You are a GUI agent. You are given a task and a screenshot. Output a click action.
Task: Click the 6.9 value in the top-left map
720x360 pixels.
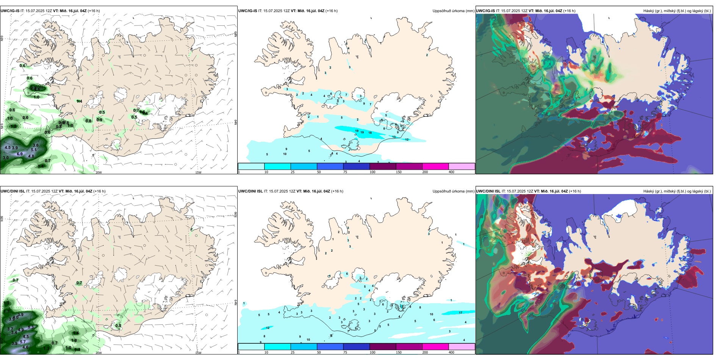pyautogui.click(x=20, y=154)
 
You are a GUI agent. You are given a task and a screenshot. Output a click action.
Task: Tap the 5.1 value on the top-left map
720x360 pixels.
pyautogui.click(x=34, y=150)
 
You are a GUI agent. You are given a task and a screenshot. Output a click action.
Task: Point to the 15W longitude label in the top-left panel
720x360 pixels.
pyautogui.click(x=198, y=172)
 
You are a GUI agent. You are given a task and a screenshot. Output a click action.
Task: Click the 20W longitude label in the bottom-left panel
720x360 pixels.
pyautogui.click(x=99, y=353)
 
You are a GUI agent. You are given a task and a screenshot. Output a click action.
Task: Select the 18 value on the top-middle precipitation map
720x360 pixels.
pyautogui.click(x=370, y=133)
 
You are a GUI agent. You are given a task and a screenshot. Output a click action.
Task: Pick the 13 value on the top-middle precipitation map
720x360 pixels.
pyautogui.click(x=394, y=137)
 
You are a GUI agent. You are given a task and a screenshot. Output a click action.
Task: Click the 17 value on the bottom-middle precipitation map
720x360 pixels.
pyautogui.click(x=460, y=313)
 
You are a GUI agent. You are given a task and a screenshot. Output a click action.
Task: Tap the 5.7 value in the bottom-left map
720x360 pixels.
pyautogui.click(x=23, y=342)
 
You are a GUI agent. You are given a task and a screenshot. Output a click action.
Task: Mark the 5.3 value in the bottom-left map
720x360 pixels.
pyautogui.click(x=31, y=327)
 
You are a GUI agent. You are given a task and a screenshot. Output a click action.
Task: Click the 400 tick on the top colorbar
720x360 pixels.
pyautogui.click(x=451, y=172)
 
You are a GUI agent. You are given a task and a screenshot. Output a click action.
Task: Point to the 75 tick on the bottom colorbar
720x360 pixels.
pyautogui.click(x=345, y=352)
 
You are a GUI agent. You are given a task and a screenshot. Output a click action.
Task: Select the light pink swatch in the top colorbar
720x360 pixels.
pyautogui.click(x=462, y=166)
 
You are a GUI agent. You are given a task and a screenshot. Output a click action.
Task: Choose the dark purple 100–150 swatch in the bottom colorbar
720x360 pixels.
pyautogui.click(x=383, y=347)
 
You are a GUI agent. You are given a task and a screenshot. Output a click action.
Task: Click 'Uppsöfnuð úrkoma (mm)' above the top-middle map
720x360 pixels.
pyautogui.click(x=453, y=11)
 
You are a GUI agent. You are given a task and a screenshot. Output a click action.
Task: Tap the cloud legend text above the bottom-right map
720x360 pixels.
pyautogui.click(x=677, y=191)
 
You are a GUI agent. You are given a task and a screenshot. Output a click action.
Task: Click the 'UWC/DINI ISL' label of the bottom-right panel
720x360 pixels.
pyautogui.click(x=488, y=191)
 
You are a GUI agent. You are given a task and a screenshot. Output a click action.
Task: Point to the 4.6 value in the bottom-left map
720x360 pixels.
pyautogui.click(x=25, y=347)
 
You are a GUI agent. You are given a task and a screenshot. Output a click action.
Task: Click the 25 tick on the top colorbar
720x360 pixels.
pyautogui.click(x=293, y=172)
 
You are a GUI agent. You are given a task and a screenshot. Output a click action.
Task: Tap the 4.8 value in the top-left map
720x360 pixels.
pyautogui.click(x=31, y=156)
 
